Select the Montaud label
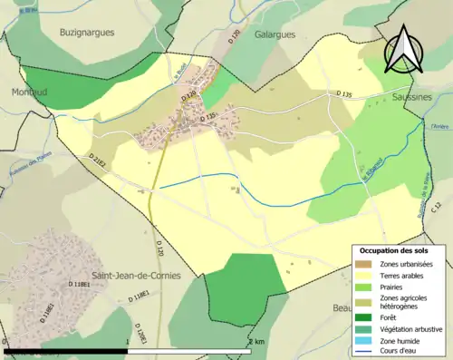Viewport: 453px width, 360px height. [x=27, y=92]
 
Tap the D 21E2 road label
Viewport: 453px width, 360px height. [x=98, y=162]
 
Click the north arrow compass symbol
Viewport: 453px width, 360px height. [x=403, y=50]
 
